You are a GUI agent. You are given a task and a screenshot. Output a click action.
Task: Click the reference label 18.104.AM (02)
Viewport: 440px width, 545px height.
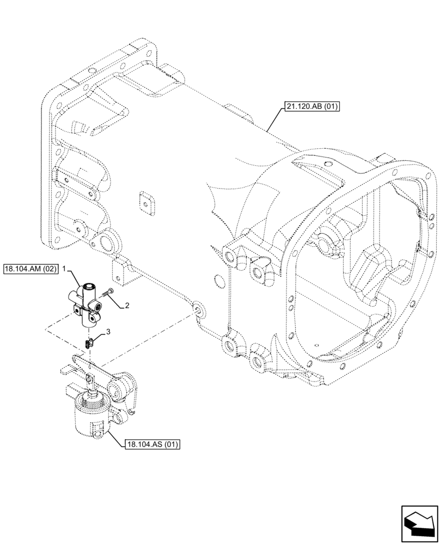click(30, 269)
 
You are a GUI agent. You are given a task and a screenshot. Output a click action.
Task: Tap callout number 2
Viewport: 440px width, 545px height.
click(127, 306)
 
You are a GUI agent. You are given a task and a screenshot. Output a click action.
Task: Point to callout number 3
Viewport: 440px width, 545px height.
click(108, 331)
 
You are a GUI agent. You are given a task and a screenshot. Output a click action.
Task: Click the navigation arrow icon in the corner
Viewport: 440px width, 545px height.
click(419, 524)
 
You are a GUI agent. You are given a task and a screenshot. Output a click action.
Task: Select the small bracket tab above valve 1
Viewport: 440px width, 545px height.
click(122, 271)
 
